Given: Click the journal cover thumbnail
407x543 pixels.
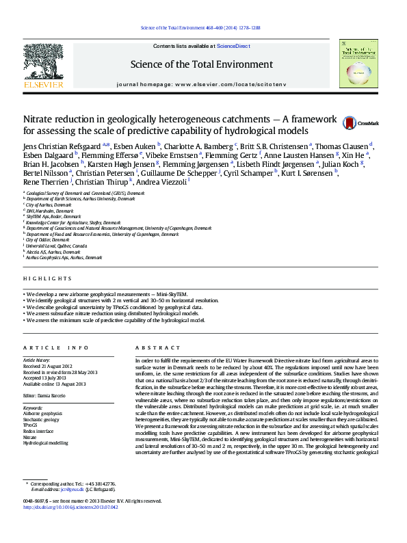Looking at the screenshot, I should [360, 63].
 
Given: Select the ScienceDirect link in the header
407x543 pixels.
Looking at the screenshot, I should [233, 47].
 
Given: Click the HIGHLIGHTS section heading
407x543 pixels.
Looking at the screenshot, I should [47, 279].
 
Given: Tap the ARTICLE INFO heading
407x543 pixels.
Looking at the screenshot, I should [56, 348].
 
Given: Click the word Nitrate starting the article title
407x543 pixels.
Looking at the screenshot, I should [42, 118].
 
